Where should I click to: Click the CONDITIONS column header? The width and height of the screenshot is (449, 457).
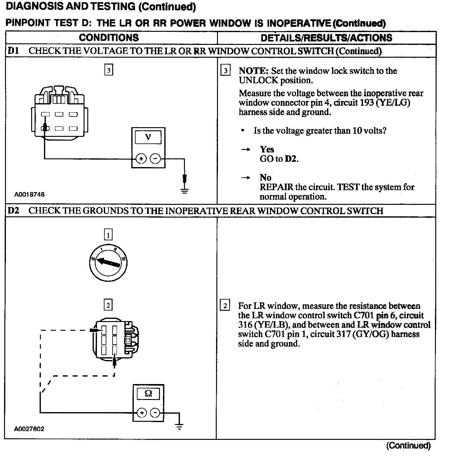tap(109, 38)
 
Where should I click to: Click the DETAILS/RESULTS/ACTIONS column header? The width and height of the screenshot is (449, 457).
tap(326, 38)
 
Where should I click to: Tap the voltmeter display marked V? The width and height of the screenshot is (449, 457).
tap(148, 137)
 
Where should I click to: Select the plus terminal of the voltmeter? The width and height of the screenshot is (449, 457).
tap(141, 159)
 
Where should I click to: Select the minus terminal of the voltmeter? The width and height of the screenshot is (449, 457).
tap(155, 159)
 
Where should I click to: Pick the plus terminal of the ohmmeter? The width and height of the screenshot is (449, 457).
tap(141, 413)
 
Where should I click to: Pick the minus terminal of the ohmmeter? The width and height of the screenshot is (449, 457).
tap(155, 413)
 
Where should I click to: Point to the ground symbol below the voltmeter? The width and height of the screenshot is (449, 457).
tap(185, 190)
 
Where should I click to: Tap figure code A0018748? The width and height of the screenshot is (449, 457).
tap(29, 195)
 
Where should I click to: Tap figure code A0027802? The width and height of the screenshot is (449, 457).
tap(29, 429)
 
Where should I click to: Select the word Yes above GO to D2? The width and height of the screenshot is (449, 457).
tap(267, 149)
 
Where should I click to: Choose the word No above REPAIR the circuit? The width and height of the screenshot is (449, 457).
tap(265, 178)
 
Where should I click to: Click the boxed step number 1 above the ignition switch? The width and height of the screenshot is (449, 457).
tap(108, 234)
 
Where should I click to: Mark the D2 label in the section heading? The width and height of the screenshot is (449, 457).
tap(13, 211)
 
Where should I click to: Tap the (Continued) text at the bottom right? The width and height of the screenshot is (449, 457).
tap(408, 446)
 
